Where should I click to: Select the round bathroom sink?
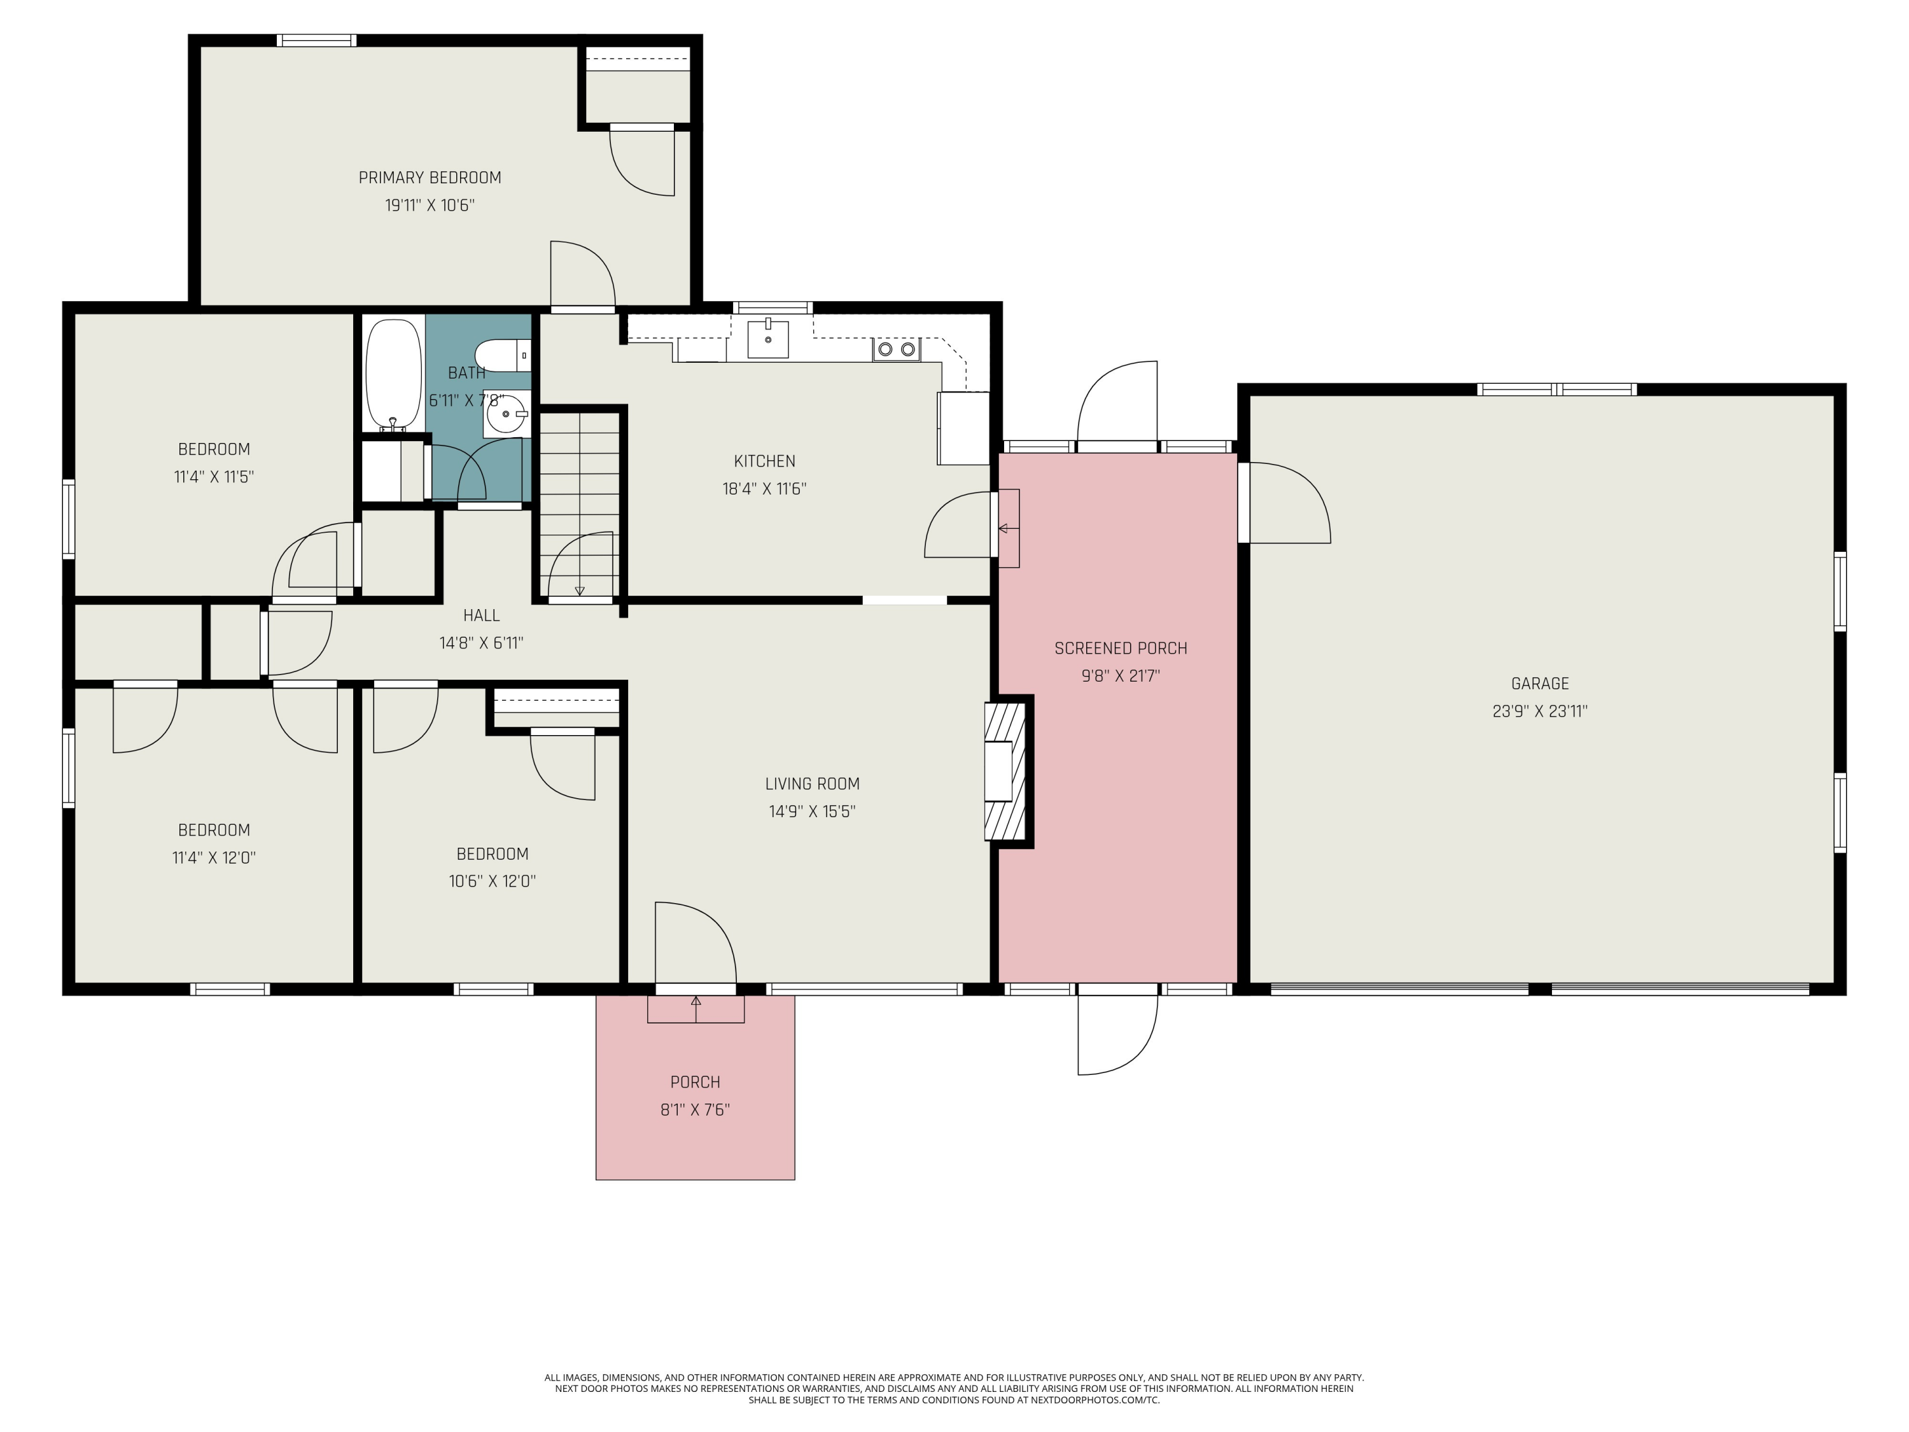[x=507, y=414]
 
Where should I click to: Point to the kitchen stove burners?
[x=897, y=349]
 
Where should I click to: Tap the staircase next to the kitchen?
[x=579, y=504]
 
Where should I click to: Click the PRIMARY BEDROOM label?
[x=430, y=178]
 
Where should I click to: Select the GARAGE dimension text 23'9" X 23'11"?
[x=1541, y=712]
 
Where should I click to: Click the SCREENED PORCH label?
[x=1120, y=649]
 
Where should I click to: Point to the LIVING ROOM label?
[x=812, y=783]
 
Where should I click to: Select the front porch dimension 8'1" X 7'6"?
[x=696, y=1109]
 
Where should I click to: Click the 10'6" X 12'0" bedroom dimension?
[x=493, y=881]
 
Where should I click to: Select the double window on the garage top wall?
[x=1557, y=390]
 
